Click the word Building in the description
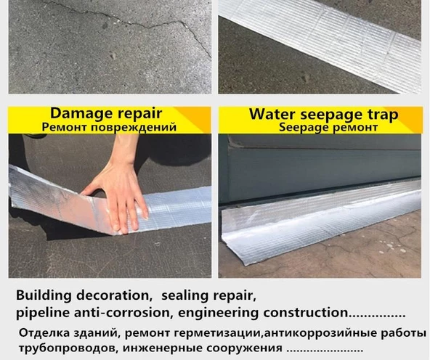click(x=44, y=296)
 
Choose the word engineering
click(x=219, y=313)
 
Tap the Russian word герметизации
click(x=216, y=333)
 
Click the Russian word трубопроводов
click(x=69, y=348)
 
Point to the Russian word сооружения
click(x=244, y=348)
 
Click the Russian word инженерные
click(x=163, y=348)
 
